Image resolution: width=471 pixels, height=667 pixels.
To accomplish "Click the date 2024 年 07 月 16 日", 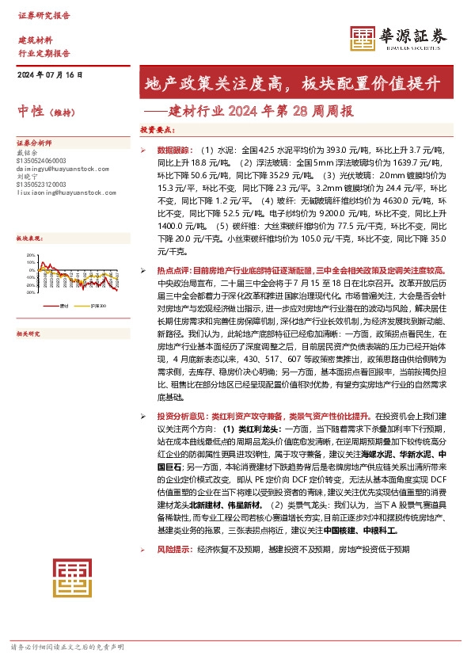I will (x=50, y=74).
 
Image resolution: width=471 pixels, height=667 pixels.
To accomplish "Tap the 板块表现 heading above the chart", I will (x=28, y=238).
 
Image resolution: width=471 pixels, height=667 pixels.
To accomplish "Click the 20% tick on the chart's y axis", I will (x=31, y=255).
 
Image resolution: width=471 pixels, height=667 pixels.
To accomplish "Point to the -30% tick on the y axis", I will (x=31, y=291).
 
